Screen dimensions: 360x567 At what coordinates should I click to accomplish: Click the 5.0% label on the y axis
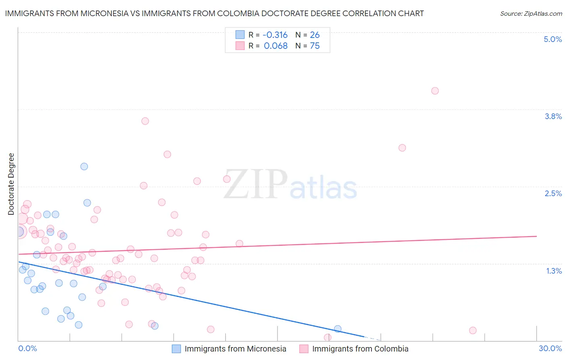point(552,39)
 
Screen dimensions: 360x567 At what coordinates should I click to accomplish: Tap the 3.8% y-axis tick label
point(553,116)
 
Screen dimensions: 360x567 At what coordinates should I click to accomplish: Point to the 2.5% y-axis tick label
point(553,193)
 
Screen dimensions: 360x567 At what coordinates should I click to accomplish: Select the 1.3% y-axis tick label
point(554,271)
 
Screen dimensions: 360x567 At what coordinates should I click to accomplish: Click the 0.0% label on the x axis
point(27,348)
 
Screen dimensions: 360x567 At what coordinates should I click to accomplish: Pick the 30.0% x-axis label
point(550,348)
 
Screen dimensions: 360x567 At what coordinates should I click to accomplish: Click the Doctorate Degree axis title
point(11,184)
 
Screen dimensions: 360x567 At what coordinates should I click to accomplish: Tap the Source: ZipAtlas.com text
point(531,13)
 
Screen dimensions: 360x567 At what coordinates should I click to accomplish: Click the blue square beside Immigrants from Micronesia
point(176,349)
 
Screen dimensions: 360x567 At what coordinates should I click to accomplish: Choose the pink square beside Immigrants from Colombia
point(304,349)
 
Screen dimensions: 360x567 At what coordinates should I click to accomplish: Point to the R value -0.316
point(275,35)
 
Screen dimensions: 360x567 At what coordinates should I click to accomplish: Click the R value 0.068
point(275,46)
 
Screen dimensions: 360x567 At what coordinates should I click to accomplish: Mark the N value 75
point(315,46)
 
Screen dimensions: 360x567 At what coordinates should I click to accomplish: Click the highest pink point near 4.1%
point(435,91)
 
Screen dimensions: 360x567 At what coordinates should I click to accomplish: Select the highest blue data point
point(84,166)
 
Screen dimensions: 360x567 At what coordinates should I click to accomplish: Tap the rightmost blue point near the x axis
point(338,329)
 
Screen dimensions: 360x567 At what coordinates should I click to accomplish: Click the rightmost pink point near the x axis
point(473,331)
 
